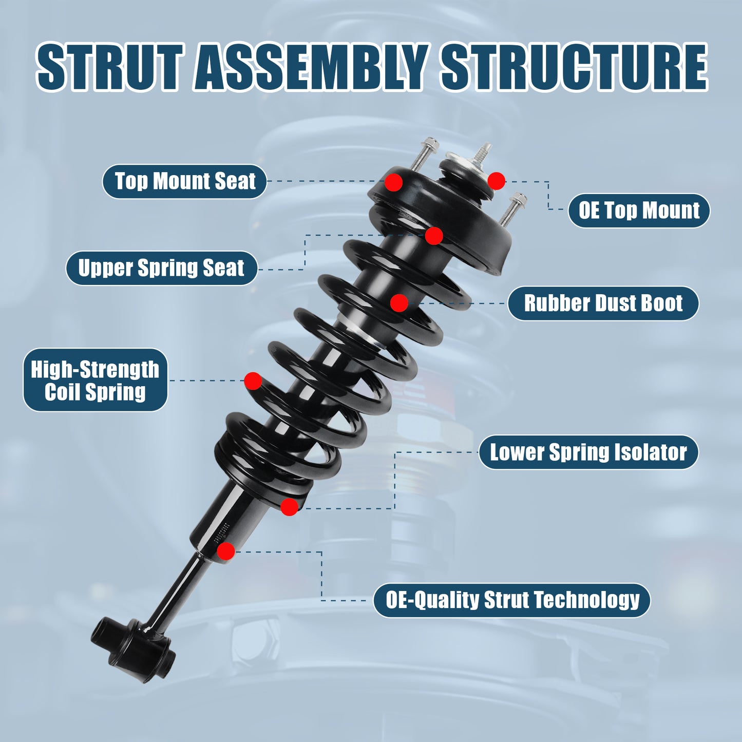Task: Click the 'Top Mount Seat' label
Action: click(185, 181)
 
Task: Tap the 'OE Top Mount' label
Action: click(639, 211)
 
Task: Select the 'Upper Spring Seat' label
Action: click(161, 268)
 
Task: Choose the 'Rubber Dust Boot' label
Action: click(603, 303)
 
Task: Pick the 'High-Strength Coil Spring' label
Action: click(96, 380)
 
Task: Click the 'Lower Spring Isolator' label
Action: click(588, 452)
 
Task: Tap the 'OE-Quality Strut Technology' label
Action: click(512, 600)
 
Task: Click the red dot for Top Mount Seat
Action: click(394, 182)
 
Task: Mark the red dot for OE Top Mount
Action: click(496, 181)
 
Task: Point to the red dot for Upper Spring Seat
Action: click(434, 236)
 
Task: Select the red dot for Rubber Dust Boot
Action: click(399, 303)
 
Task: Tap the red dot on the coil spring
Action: click(253, 381)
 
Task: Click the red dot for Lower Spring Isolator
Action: click(289, 507)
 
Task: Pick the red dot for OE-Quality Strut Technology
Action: click(226, 551)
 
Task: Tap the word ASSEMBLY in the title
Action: click(311, 67)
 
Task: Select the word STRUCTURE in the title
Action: click(574, 67)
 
